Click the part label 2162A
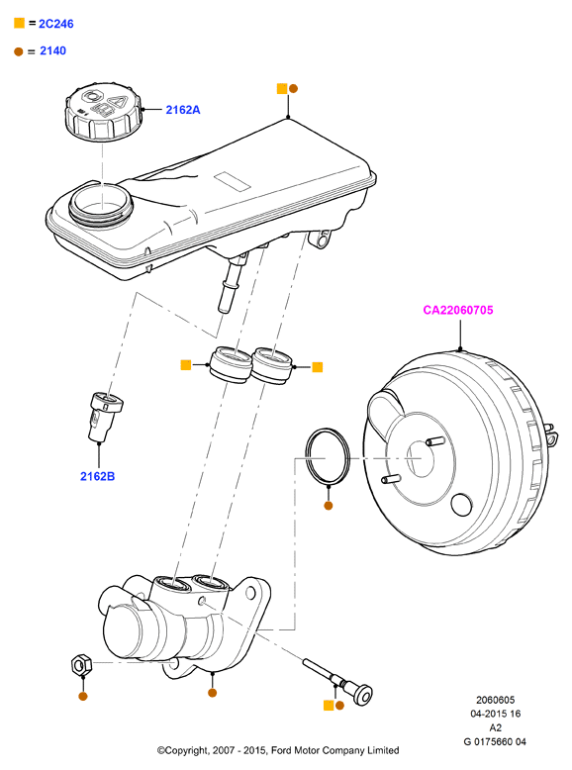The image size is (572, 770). [x=183, y=110]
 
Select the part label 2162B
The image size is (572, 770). [x=97, y=476]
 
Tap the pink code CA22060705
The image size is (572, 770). [x=457, y=310]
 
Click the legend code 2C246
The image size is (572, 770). [x=56, y=24]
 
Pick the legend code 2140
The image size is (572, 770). [x=52, y=50]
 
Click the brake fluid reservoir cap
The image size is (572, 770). [x=104, y=112]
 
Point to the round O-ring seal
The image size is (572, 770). [x=328, y=456]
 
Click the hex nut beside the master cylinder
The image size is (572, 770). [x=81, y=664]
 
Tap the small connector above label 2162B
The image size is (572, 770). [x=106, y=416]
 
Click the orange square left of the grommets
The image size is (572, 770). [x=186, y=364]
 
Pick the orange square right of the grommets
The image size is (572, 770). [x=318, y=367]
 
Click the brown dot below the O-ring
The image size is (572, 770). [x=329, y=506]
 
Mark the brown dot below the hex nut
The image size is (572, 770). [x=83, y=696]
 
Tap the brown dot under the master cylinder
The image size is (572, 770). [x=212, y=693]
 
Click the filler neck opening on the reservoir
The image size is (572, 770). [x=101, y=203]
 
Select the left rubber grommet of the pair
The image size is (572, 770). [x=230, y=364]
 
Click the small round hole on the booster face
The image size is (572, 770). [x=461, y=505]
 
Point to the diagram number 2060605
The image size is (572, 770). [x=495, y=700]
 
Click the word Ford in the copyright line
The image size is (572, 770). [x=281, y=750]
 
